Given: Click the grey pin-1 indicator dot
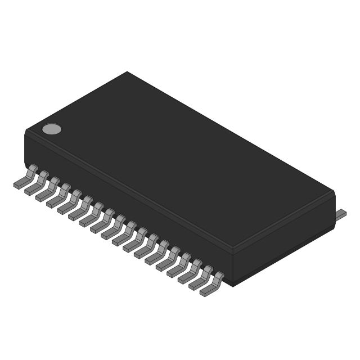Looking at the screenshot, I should pyautogui.click(x=52, y=129).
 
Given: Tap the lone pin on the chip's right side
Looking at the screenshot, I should pyautogui.click(x=341, y=214).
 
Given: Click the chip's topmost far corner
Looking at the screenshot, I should pyautogui.click(x=127, y=72).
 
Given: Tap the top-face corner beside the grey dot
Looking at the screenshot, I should pyautogui.click(x=27, y=130).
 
